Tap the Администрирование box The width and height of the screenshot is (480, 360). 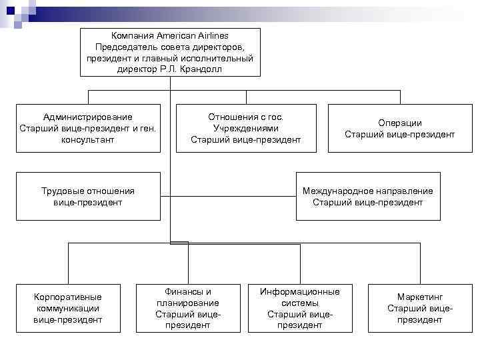pyautogui.click(x=88, y=128)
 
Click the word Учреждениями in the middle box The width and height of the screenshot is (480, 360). pyautogui.click(x=245, y=128)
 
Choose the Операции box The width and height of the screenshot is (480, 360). pyautogui.click(x=399, y=128)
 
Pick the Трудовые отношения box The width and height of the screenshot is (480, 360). pyautogui.click(x=88, y=196)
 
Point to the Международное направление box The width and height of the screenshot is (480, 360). pyautogui.click(x=367, y=196)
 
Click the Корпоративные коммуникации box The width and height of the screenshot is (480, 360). pyautogui.click(x=68, y=308)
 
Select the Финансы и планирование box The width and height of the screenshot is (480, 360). pyautogui.click(x=187, y=308)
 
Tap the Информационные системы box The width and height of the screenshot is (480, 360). pyautogui.click(x=299, y=308)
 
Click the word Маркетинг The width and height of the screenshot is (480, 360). pyautogui.click(x=420, y=297)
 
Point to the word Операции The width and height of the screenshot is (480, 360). pyautogui.click(x=400, y=123)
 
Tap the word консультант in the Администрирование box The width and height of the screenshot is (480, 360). pyautogui.click(x=88, y=140)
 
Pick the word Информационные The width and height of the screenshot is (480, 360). pyautogui.click(x=300, y=291)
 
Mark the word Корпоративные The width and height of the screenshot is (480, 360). pyautogui.click(x=68, y=297)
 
